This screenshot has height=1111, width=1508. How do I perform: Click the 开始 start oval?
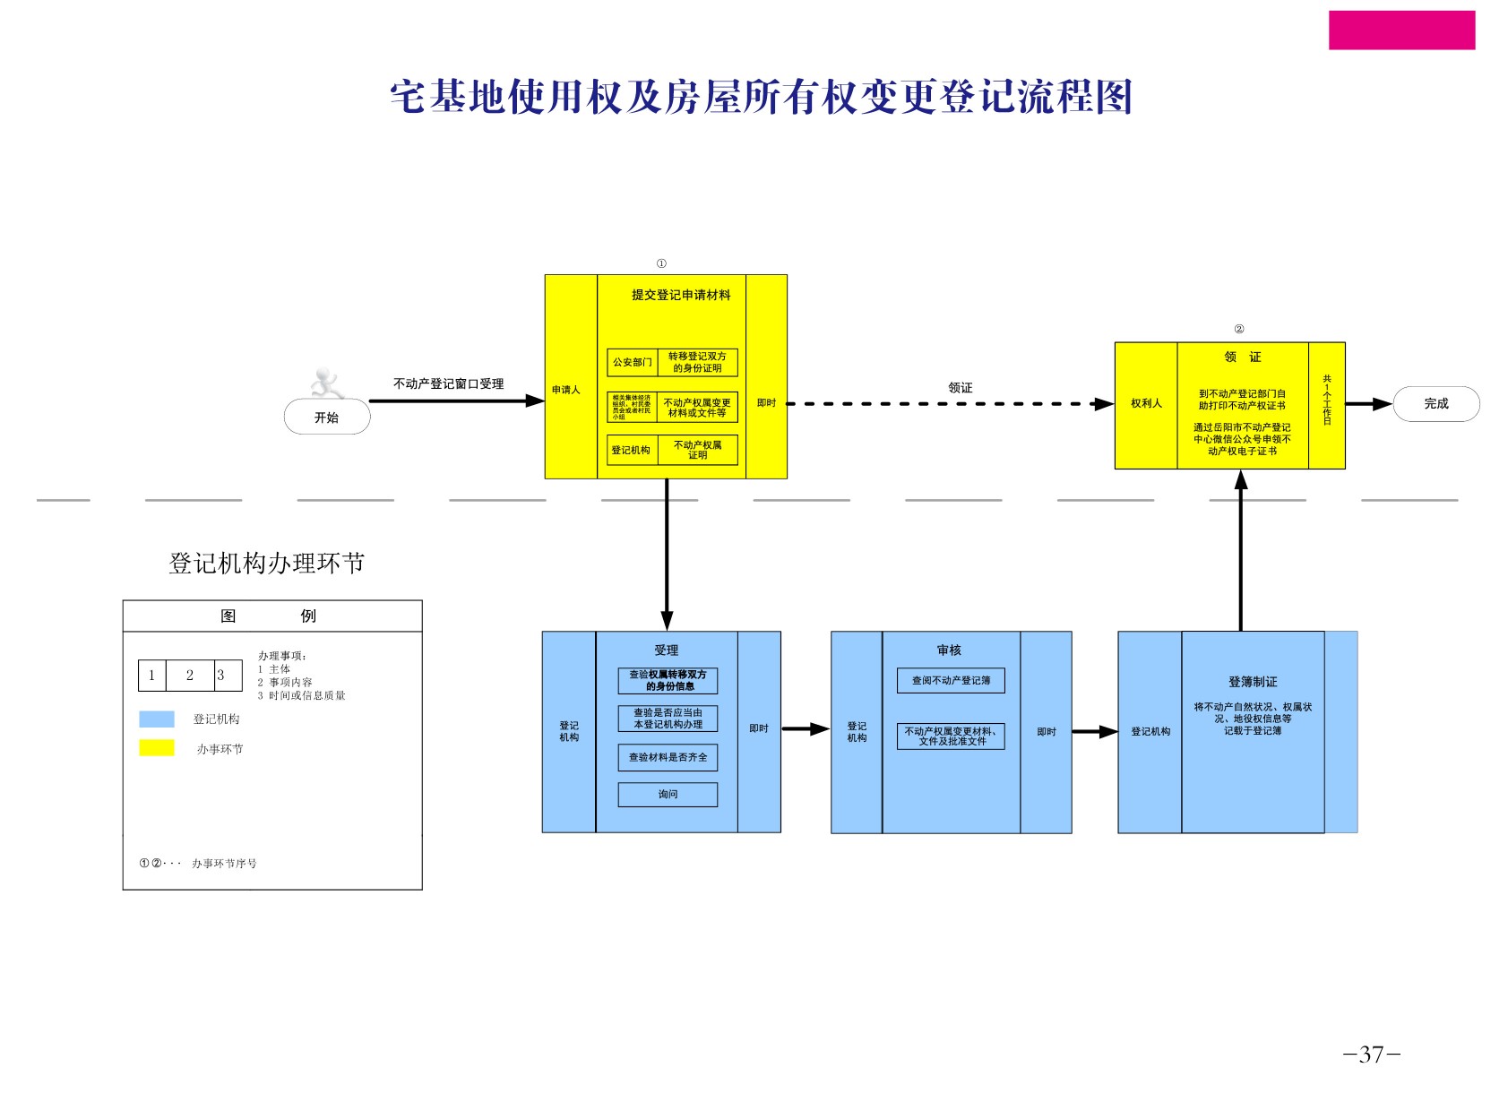pyautogui.click(x=327, y=418)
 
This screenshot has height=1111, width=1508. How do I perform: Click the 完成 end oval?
pyautogui.click(x=1435, y=404)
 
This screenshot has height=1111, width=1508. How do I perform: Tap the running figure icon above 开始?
pyautogui.click(x=327, y=383)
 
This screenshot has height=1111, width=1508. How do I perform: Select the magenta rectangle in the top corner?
pyautogui.click(x=1401, y=30)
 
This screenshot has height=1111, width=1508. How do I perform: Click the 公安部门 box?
pyautogui.click(x=632, y=363)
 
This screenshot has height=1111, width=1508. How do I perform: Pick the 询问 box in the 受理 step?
pyautogui.click(x=668, y=795)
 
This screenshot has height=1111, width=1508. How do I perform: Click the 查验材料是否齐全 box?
pyautogui.click(x=668, y=758)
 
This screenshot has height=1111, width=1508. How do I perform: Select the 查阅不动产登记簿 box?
pyautogui.click(x=951, y=681)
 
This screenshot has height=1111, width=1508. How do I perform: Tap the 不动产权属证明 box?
pyautogui.click(x=697, y=450)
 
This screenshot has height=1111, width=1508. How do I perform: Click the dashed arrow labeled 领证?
pyautogui.click(x=950, y=404)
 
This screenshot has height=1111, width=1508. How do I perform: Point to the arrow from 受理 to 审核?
pyautogui.click(x=806, y=729)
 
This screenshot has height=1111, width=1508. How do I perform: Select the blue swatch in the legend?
pyautogui.click(x=157, y=719)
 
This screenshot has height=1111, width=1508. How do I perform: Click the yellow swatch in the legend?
pyautogui.click(x=157, y=748)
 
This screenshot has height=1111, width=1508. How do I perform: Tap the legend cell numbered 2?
pyautogui.click(x=190, y=676)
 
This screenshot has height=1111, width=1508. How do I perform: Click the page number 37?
pyautogui.click(x=1372, y=1055)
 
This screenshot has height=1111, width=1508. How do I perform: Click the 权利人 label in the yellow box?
pyautogui.click(x=1146, y=404)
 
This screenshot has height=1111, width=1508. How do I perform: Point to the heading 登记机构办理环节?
pyautogui.click(x=267, y=564)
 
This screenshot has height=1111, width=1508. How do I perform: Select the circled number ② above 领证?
pyautogui.click(x=1239, y=329)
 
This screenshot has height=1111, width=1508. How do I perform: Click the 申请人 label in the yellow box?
pyautogui.click(x=566, y=390)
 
